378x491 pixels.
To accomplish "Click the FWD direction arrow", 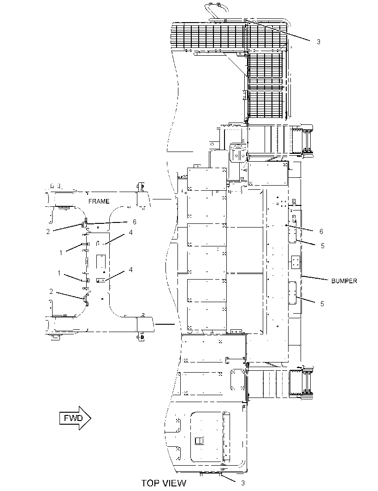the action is click(x=75, y=418).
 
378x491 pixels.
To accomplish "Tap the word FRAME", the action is click(x=99, y=201).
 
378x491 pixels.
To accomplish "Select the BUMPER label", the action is click(x=344, y=281).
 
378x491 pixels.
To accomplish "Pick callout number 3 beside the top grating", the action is click(x=319, y=41).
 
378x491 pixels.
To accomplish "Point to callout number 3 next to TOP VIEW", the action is click(x=242, y=483).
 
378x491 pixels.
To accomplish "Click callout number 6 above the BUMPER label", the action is click(x=321, y=231).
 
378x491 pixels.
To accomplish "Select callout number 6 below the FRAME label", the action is click(x=135, y=222).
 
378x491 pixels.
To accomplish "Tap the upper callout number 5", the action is click(x=323, y=246).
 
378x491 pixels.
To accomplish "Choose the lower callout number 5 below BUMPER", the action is click(x=322, y=304).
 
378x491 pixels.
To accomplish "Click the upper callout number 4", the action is click(x=131, y=232).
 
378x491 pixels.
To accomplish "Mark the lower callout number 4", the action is click(x=131, y=269).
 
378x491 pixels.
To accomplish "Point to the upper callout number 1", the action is click(x=61, y=252).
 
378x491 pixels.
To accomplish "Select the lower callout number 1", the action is click(x=59, y=273).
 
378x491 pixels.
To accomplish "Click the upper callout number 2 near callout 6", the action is click(x=48, y=232).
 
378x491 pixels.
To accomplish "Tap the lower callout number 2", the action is click(x=52, y=292).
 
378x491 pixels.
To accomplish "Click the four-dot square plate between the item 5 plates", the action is click(x=295, y=262).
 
